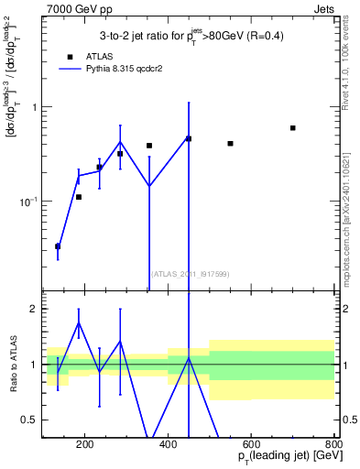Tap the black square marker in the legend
coord(70,56)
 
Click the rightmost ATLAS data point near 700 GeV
coord(293,128)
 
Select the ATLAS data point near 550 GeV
coord(230,144)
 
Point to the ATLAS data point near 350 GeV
coord(149,146)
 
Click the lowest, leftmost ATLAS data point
coord(58,246)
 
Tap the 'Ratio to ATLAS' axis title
coord(10,364)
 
